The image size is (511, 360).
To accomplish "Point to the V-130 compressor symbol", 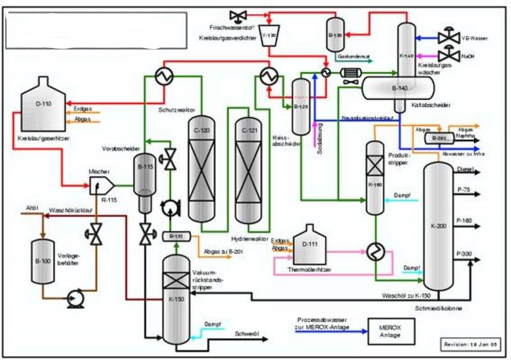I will tap(269, 36).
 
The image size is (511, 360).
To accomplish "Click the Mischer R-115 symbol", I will tap(102, 185).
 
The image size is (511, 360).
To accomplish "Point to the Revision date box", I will tap(471, 344).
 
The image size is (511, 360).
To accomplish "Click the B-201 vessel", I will tap(438, 137).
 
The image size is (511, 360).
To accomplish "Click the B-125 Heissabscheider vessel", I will tap(300, 108).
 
